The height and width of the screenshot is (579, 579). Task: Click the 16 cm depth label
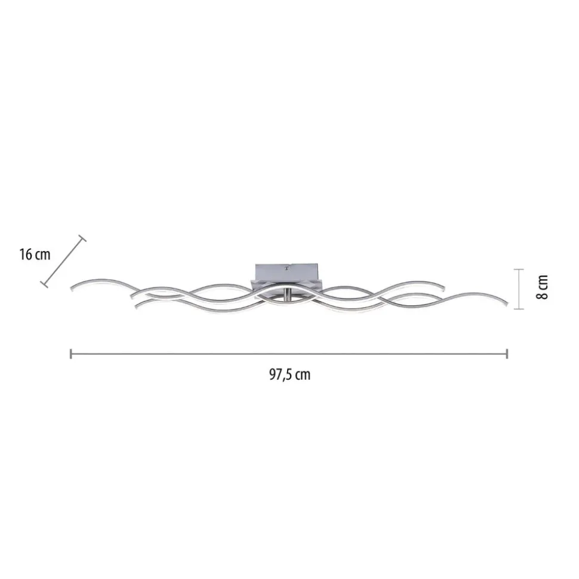coord(35,255)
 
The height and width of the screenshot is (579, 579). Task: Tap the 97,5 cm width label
coord(289,375)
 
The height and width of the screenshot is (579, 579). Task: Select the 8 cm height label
coord(542,287)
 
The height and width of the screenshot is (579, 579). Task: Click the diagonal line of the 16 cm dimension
coord(63,262)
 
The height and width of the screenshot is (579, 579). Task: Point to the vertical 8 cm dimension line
coord(519,289)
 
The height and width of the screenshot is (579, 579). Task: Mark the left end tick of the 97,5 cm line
coord(70,354)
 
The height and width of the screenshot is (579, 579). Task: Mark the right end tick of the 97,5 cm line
coord(507,354)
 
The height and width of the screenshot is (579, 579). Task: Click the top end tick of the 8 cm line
coord(519,270)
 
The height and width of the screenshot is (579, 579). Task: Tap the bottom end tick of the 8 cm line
coord(519,309)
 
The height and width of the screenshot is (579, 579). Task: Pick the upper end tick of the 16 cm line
coord(82,238)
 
